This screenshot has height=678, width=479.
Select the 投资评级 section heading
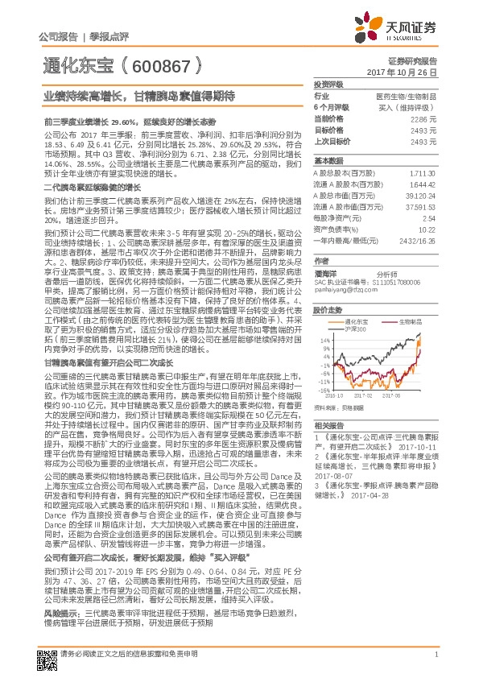click(x=328, y=85)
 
